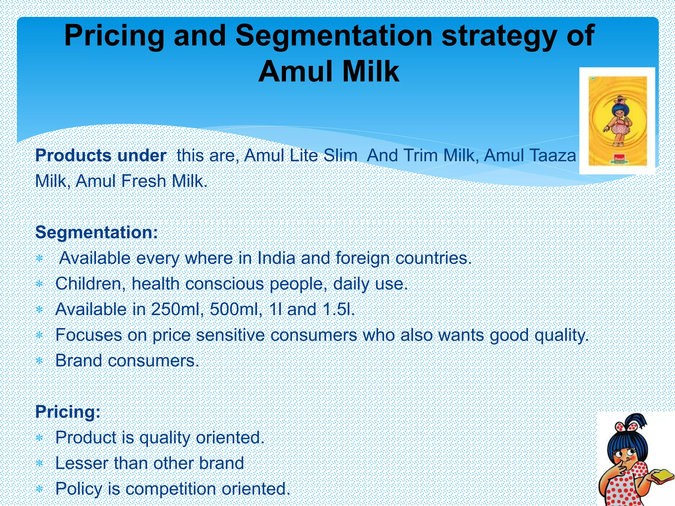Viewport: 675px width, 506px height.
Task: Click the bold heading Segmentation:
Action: (97, 232)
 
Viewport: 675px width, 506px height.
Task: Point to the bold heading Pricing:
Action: (68, 412)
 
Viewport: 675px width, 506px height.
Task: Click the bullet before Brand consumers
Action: (40, 361)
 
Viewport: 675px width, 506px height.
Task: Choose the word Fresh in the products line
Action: (144, 181)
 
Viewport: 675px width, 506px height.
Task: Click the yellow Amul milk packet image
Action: (617, 121)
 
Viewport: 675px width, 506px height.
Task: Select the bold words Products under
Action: (101, 155)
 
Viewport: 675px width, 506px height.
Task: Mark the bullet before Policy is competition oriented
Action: (40, 489)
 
